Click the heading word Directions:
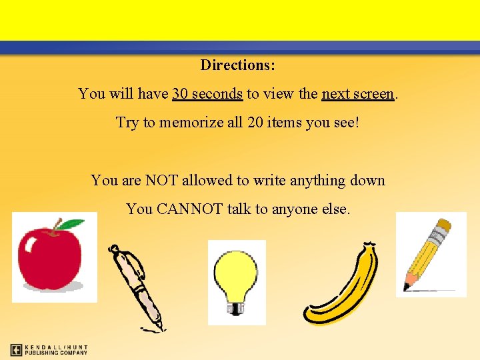pyautogui.click(x=238, y=65)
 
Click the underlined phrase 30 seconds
pyautogui.click(x=207, y=94)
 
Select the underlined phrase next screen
pyautogui.click(x=358, y=94)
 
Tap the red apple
pyautogui.click(x=49, y=259)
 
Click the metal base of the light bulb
pyautogui.click(x=236, y=307)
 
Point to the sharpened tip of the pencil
pyautogui.click(x=407, y=288)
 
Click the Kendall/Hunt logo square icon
pyautogui.click(x=17, y=349)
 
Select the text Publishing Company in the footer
pyautogui.click(x=57, y=353)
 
